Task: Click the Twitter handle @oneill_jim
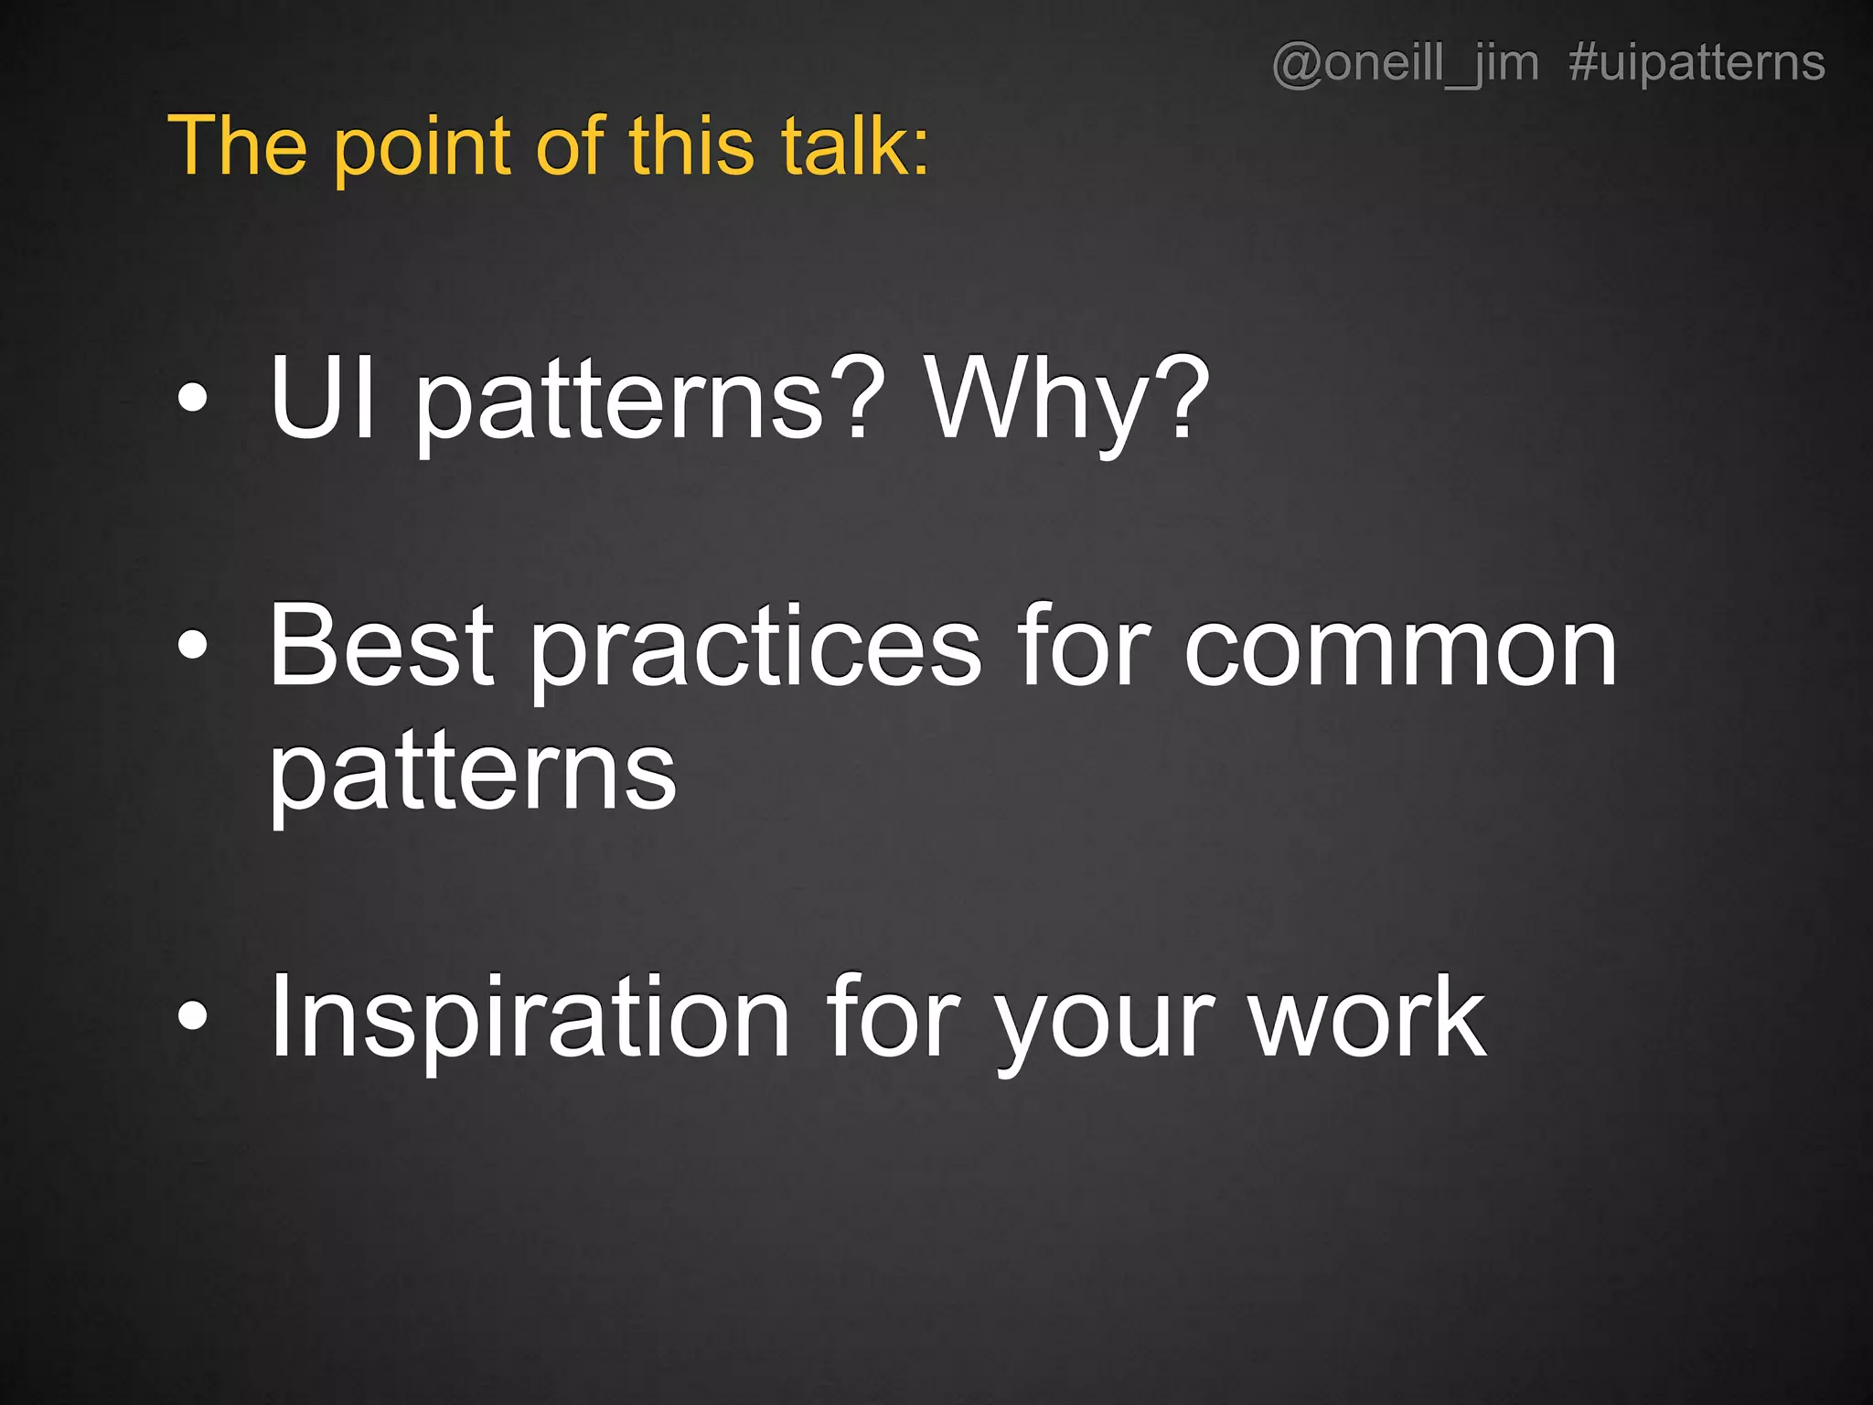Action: tap(1405, 64)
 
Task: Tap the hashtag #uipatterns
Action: tap(1696, 64)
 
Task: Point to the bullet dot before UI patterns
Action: tap(193, 399)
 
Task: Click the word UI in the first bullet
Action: tap(322, 399)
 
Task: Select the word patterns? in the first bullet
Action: tap(650, 402)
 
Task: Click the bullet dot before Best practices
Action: tap(193, 646)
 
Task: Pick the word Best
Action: tap(381, 646)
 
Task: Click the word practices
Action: tap(755, 649)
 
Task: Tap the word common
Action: tap(1400, 649)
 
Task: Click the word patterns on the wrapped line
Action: tap(472, 773)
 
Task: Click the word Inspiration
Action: tap(530, 1017)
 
